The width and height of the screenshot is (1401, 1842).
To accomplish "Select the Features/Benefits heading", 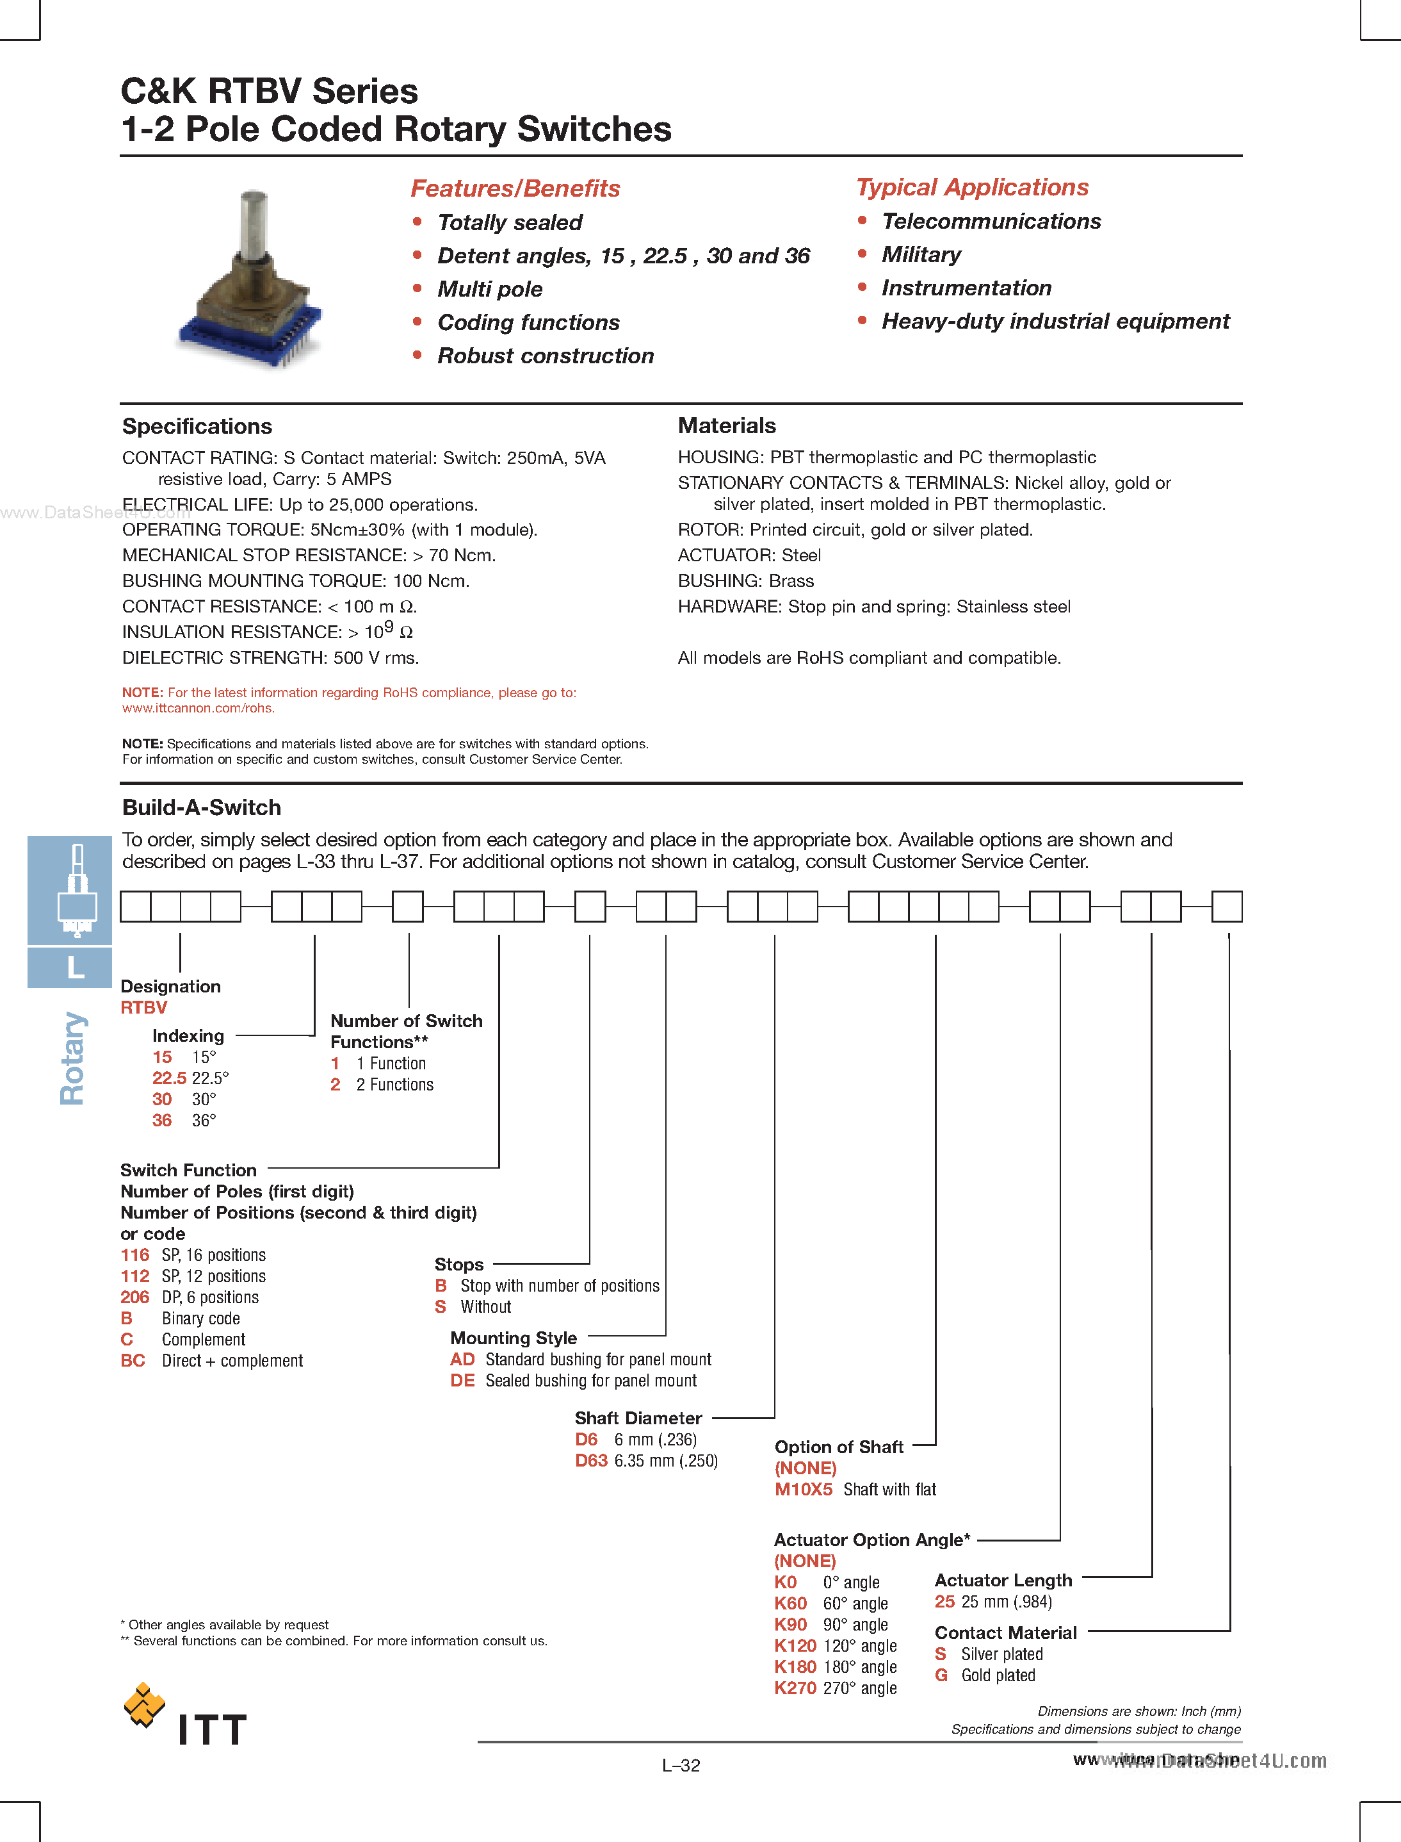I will [x=515, y=188].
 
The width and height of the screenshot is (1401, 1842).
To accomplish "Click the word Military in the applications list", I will [x=921, y=254].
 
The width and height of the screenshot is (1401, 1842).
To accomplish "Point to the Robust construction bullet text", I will [x=546, y=356].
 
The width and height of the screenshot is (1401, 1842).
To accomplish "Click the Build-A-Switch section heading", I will [x=201, y=807].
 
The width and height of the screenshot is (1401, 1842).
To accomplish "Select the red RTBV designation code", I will [x=143, y=1008].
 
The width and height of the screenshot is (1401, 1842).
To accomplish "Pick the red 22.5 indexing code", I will [x=168, y=1078].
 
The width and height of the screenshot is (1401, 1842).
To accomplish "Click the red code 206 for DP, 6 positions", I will [x=134, y=1297].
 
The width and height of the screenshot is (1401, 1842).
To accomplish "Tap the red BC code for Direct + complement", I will [x=133, y=1361].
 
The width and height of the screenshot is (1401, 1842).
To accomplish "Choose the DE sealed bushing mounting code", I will [x=462, y=1381].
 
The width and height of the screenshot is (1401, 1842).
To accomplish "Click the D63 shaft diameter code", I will [x=590, y=1461].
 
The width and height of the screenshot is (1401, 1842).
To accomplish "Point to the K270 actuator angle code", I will [x=795, y=1688].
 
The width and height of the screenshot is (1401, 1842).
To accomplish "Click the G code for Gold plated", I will [x=941, y=1675].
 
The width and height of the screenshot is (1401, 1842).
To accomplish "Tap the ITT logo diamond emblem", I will [x=143, y=1705].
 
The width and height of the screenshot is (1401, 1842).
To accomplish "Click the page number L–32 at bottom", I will [x=681, y=1765].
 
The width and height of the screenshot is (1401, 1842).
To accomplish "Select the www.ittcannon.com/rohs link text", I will [x=198, y=708].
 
